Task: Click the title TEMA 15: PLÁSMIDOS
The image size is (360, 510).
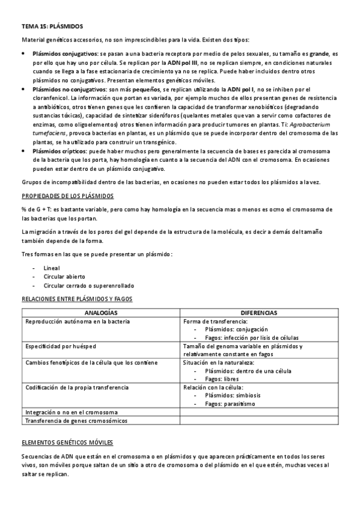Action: tap(52, 27)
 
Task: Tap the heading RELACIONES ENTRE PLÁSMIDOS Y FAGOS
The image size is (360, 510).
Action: tap(77, 298)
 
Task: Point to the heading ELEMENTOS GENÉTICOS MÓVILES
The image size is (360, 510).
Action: tap(67, 443)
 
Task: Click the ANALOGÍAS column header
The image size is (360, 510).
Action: tap(100, 313)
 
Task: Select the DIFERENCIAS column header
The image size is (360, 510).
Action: tap(258, 313)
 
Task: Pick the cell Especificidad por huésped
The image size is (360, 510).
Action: tap(61, 346)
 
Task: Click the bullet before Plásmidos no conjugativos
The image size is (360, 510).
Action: tap(23, 88)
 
